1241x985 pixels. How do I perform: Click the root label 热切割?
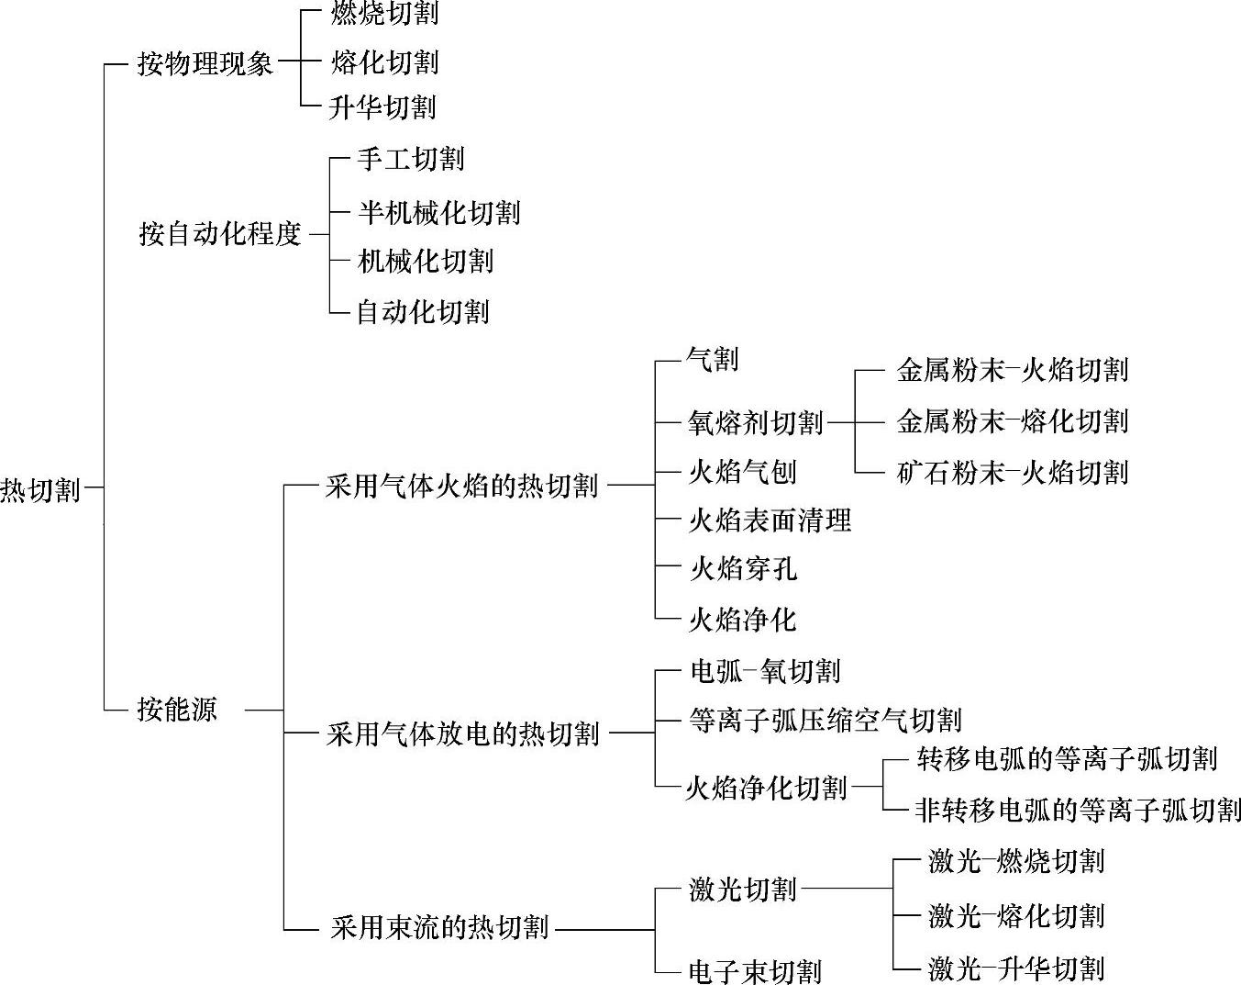click(40, 489)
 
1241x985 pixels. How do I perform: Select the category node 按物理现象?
click(205, 63)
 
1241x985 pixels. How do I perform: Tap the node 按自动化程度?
click(220, 234)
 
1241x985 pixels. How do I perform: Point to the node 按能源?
click(177, 710)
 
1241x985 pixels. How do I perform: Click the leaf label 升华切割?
click(382, 107)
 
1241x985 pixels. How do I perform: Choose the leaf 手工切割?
click(410, 160)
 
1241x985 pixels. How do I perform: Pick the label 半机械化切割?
click(438, 213)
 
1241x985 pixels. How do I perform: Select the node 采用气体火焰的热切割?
click(462, 486)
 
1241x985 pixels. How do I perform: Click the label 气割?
click(713, 360)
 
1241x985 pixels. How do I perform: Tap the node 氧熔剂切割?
click(756, 422)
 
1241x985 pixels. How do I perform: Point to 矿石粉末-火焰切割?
click(1012, 473)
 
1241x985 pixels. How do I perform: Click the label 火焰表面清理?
click(770, 521)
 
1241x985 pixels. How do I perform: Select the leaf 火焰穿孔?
click(742, 570)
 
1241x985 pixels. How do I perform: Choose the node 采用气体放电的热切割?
click(462, 734)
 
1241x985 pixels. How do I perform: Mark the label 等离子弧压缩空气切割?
click(825, 720)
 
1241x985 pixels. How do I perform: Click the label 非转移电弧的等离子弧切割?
click(1078, 810)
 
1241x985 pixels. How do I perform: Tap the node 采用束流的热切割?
click(439, 928)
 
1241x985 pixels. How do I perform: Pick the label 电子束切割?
click(754, 971)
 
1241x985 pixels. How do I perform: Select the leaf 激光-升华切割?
click(1015, 968)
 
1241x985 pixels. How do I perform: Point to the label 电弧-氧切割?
click(764, 671)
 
